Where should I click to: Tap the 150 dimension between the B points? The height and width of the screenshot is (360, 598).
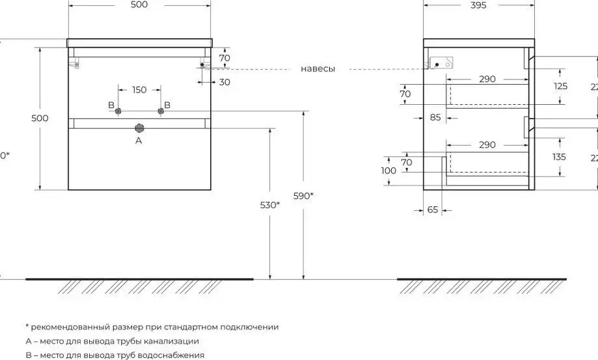pyautogui.click(x=139, y=90)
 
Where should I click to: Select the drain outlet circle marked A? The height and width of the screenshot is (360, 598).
pyautogui.click(x=139, y=128)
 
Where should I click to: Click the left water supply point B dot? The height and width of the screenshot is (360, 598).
pyautogui.click(x=118, y=112)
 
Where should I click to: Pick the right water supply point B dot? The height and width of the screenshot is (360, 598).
pyautogui.click(x=159, y=112)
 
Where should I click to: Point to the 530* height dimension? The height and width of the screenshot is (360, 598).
pyautogui.click(x=270, y=204)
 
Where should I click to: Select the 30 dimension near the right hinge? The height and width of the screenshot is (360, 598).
pyautogui.click(x=224, y=81)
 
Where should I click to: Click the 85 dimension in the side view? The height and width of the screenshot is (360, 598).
pyautogui.click(x=435, y=118)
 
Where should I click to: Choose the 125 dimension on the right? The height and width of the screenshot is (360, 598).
pyautogui.click(x=561, y=86)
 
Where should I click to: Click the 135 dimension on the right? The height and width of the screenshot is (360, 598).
pyautogui.click(x=561, y=157)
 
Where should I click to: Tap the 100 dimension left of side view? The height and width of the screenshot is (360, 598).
pyautogui.click(x=388, y=171)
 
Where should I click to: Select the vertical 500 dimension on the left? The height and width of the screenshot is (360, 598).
pyautogui.click(x=40, y=118)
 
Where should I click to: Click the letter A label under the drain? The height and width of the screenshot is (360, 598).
pyautogui.click(x=138, y=140)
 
